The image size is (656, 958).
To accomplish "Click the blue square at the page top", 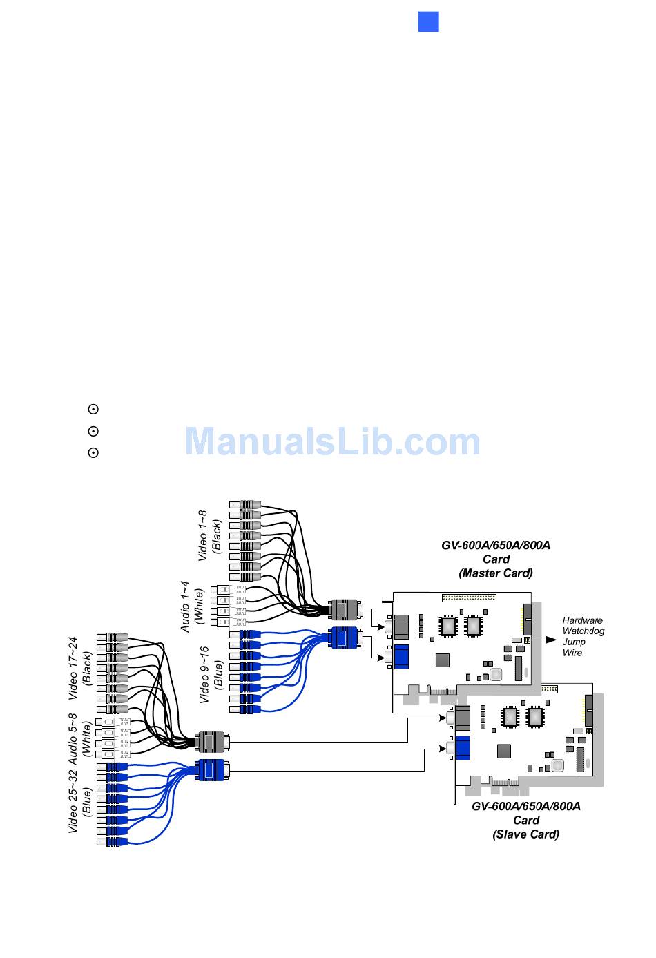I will coord(429,21).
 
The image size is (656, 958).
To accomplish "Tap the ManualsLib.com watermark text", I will coord(332,442).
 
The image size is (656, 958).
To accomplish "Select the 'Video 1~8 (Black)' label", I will coord(210,536).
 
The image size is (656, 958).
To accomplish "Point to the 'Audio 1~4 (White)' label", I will coord(192,606).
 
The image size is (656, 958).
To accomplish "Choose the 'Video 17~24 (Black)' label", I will coord(80,668).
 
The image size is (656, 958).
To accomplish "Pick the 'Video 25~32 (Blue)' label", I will coord(80,801).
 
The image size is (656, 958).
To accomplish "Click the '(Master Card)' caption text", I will coord(495,573).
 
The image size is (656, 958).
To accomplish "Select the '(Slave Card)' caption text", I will coord(525,834).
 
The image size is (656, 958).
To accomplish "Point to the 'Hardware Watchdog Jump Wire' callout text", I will coord(583,636).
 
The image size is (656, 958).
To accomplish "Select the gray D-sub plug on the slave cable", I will coord(212,742).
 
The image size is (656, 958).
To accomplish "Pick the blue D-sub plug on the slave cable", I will coord(212,769).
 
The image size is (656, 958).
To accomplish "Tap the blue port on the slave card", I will coord(462,747).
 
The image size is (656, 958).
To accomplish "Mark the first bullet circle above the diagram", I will coord(93,410).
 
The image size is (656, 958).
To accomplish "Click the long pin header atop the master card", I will coord(469,597).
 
